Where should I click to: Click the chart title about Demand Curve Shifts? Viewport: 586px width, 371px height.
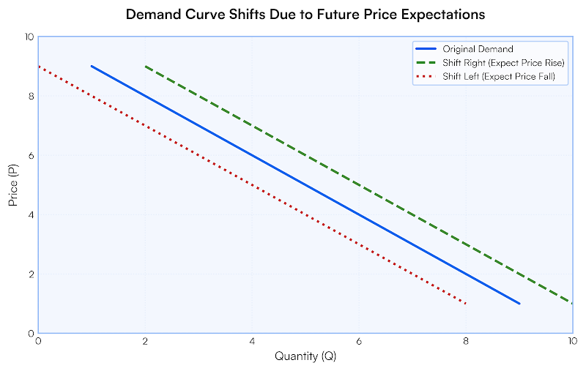click(305, 15)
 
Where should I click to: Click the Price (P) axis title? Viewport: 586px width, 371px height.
click(13, 184)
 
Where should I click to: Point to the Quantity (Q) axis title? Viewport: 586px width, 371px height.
click(305, 356)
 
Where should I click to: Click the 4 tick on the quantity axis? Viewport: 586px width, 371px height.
click(252, 341)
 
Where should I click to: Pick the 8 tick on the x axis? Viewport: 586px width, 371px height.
click(465, 341)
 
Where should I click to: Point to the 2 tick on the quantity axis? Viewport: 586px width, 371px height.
click(145, 341)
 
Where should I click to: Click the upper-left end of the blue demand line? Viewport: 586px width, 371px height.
click(92, 66)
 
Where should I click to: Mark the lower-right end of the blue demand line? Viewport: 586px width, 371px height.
click(519, 303)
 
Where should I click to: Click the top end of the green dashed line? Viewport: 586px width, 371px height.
click(145, 66)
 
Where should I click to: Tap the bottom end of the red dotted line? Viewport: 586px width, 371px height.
click(465, 303)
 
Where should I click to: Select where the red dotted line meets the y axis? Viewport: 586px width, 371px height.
click(39, 66)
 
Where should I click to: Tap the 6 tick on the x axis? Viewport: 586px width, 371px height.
click(358, 341)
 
